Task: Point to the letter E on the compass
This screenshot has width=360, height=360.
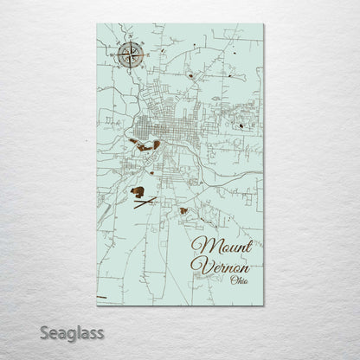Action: point(138,57)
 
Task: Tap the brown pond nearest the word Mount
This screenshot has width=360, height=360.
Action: point(183,210)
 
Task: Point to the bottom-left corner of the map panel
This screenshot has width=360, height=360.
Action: point(91,302)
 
